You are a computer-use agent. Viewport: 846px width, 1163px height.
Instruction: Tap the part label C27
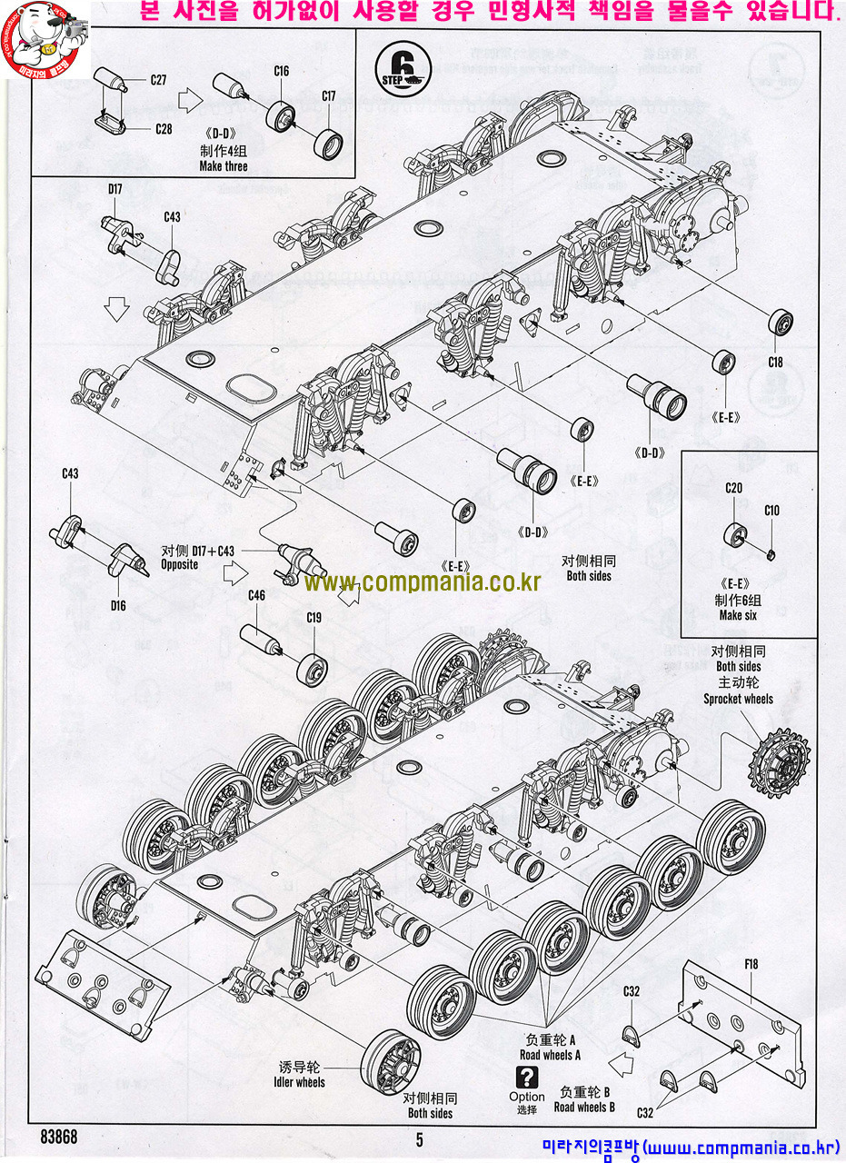point(158,80)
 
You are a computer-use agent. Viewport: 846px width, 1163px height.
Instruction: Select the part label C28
point(163,128)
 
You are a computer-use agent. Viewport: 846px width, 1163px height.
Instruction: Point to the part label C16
point(281,71)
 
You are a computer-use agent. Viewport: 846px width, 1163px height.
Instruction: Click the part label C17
point(328,95)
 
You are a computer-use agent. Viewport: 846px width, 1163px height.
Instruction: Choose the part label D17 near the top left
point(114,189)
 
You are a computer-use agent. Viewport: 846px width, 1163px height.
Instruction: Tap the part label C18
point(775,363)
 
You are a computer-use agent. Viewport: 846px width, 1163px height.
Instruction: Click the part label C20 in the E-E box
point(734,488)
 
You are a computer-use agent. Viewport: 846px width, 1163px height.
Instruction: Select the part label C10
point(771,511)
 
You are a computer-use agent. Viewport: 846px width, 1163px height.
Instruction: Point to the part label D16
point(118,605)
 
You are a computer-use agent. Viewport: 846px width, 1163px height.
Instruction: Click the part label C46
point(256,595)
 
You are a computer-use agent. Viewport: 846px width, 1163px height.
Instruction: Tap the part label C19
point(314,618)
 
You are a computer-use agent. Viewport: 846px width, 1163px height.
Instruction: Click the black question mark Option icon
point(525,1078)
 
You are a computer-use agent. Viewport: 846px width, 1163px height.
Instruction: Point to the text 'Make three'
point(224,166)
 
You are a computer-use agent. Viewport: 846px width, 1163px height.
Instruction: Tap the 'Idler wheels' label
point(299,1082)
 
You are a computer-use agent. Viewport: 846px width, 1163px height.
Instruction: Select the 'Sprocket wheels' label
point(738,699)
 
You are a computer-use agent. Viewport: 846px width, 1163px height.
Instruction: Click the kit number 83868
point(59,1137)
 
